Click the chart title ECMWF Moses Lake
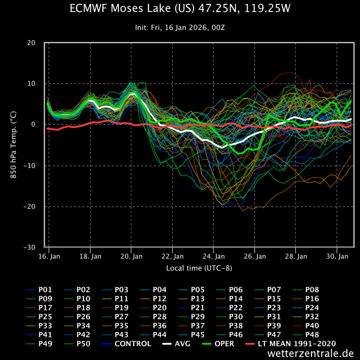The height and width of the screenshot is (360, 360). tap(180, 9)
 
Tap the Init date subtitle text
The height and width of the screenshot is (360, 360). tap(180, 27)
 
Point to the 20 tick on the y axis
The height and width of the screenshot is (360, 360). tap(31, 43)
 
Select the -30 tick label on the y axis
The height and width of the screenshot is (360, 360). tap(29, 248)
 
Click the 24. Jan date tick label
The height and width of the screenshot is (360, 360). tap(214, 257)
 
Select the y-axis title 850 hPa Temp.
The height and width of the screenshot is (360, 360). tap(14, 145)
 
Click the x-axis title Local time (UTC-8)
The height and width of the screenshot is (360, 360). tap(199, 268)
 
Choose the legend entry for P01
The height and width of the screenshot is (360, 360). tap(44, 290)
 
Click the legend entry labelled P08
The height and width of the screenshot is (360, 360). tap(310, 290)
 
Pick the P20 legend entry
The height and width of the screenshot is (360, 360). tap(158, 308)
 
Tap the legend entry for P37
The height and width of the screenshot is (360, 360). tap(196, 325)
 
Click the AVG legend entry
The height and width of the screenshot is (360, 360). tap(180, 344)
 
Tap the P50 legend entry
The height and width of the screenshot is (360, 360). tap(82, 344)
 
